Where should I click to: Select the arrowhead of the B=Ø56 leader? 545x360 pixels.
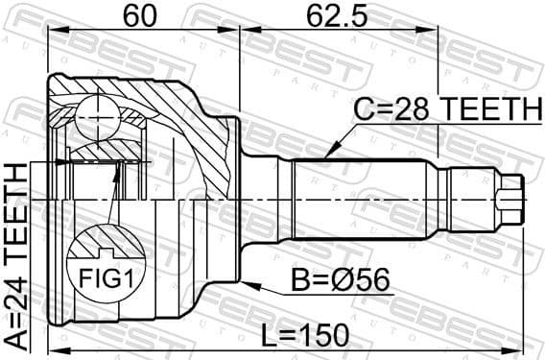tap(248, 284)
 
